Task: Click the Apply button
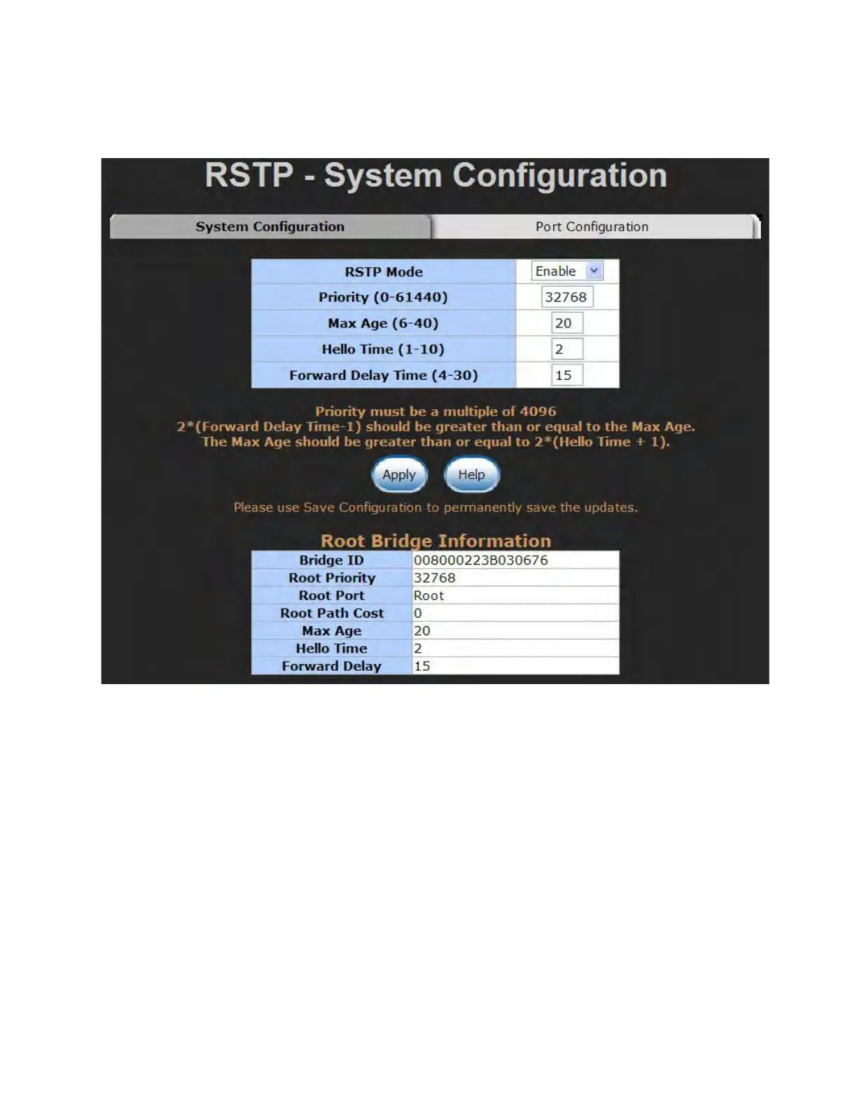click(399, 475)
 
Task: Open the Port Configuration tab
click(592, 227)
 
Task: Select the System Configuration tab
click(270, 227)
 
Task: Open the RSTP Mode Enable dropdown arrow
click(594, 271)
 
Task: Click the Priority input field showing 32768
click(566, 297)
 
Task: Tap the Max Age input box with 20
click(566, 323)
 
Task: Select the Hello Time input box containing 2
click(566, 349)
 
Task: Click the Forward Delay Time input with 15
click(566, 375)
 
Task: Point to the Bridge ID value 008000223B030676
click(481, 560)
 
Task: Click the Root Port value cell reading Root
click(429, 596)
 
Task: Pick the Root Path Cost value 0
click(418, 613)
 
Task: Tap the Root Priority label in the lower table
click(332, 578)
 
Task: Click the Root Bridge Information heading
click(436, 541)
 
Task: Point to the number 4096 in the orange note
click(538, 411)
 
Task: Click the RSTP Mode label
click(384, 271)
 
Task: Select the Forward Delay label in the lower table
click(332, 666)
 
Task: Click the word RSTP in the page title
click(249, 176)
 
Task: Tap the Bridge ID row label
click(332, 560)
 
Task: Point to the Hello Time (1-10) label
click(383, 349)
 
